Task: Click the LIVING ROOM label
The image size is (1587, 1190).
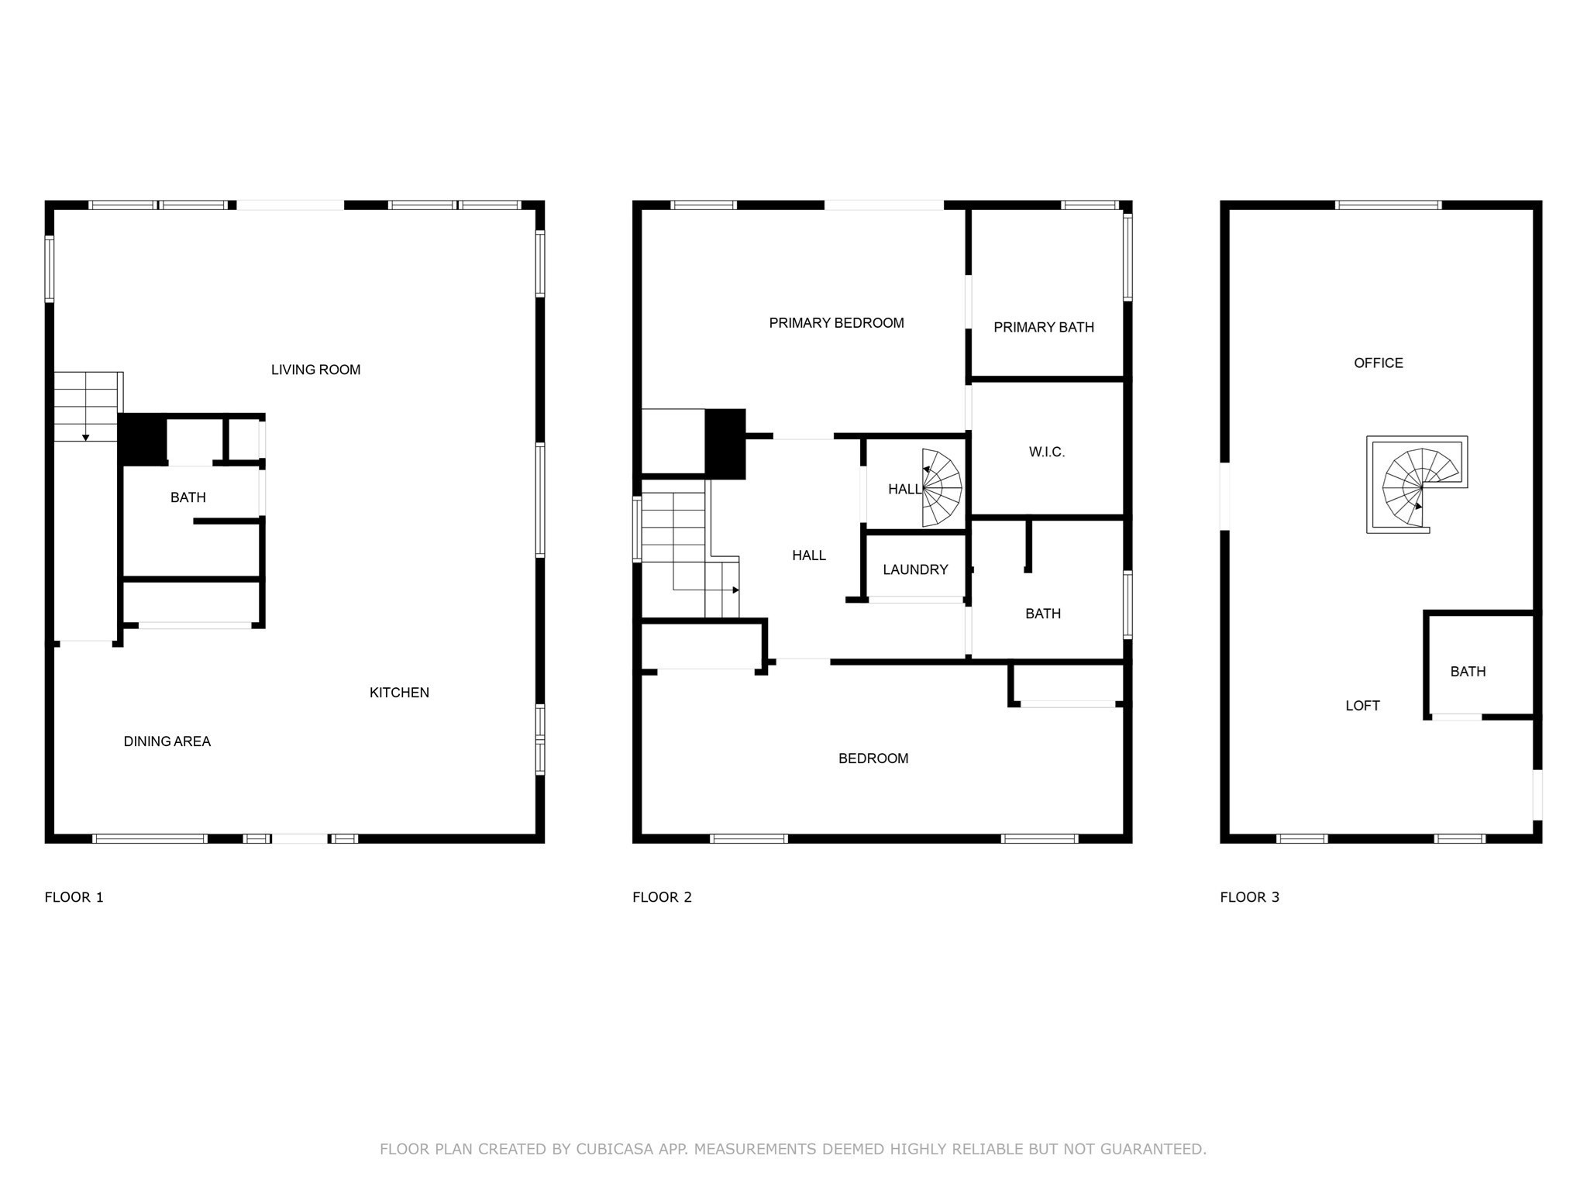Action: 315,370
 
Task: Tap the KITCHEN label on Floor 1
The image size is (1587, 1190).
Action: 399,693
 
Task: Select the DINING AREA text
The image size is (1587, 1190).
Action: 167,741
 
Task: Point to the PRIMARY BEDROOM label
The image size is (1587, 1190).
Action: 836,323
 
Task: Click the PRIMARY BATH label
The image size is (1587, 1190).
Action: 1044,327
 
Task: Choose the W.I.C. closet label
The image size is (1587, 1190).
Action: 1047,452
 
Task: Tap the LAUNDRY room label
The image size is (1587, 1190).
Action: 915,569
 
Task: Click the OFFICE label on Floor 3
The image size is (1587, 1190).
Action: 1379,363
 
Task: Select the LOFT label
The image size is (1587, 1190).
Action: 1362,705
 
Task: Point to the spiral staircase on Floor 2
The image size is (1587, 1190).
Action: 941,488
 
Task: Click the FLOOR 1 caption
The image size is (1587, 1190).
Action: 74,897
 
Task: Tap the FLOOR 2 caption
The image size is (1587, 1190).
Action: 662,897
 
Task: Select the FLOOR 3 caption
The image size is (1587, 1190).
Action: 1250,897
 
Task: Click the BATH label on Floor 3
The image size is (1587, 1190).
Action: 1468,672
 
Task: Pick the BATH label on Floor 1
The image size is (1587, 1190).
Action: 188,497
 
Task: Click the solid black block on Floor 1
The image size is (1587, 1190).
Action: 143,440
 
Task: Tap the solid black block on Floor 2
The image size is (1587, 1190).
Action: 725,444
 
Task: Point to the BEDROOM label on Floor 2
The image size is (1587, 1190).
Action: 873,758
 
